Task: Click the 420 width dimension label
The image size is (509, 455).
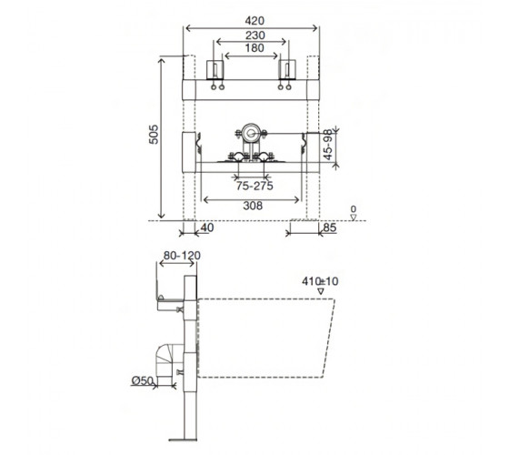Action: tap(254, 21)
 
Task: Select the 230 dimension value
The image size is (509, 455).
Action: tap(254, 35)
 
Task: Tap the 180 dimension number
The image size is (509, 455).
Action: tap(254, 48)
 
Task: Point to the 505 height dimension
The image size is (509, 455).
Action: tap(154, 135)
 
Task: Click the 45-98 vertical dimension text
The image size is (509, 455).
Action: tap(328, 145)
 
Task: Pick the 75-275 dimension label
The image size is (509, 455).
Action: tap(254, 186)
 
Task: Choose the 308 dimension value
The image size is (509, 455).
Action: tap(253, 206)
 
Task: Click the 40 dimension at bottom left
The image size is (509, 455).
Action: tap(207, 227)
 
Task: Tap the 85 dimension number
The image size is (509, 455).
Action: tap(329, 227)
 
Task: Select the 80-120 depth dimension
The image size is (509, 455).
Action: tap(182, 256)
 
